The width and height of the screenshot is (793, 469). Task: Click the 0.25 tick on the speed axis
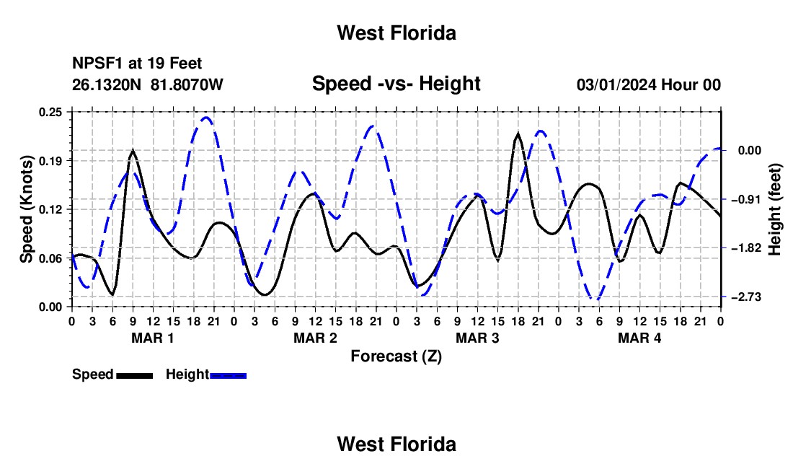tap(50, 112)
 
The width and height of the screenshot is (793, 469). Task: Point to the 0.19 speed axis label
tap(50, 161)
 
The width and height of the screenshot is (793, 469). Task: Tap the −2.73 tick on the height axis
tap(746, 297)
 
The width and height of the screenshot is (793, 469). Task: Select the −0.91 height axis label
tap(746, 199)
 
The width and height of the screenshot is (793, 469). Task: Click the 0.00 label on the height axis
tap(750, 150)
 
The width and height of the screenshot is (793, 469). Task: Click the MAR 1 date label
tap(153, 338)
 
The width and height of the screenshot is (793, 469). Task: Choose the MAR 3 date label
tap(477, 338)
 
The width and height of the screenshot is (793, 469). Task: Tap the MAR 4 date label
tap(639, 338)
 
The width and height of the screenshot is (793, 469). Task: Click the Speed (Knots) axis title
tap(26, 209)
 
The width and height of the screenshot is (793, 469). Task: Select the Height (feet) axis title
tap(775, 209)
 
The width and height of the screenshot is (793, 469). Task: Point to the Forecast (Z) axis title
tap(396, 356)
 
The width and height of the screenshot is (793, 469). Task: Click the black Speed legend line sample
tap(135, 375)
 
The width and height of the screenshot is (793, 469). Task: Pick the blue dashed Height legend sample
tap(228, 375)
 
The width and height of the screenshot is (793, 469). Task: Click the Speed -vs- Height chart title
tap(396, 84)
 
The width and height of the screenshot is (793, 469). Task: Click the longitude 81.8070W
tap(187, 84)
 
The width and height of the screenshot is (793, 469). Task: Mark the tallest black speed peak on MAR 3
tap(518, 133)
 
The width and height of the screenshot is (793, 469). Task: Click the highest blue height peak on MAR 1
tap(206, 118)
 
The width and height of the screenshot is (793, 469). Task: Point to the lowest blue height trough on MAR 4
tap(598, 299)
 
